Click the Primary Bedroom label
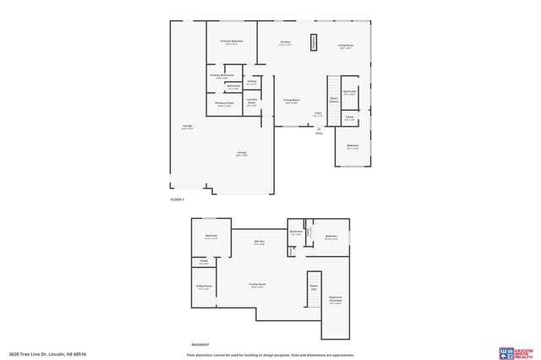232,41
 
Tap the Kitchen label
286,41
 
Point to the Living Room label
346,46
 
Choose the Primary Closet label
224,104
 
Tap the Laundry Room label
252,102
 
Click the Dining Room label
291,101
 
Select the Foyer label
318,113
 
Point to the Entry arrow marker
319,127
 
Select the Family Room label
256,285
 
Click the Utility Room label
204,287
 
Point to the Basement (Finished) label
336,298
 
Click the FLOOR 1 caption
177,199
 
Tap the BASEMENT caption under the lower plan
200,346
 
